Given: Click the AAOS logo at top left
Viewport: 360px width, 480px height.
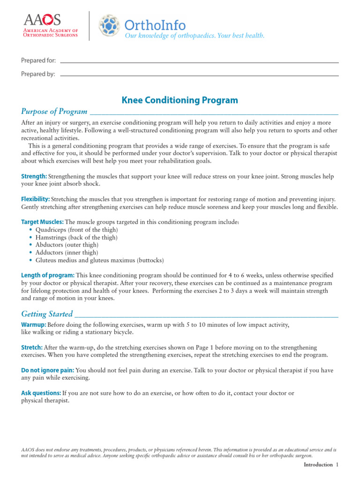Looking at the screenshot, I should (51, 26).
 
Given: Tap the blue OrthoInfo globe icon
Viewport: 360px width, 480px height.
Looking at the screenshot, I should (109, 26).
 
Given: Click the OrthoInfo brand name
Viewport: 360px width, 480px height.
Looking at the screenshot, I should (155, 24).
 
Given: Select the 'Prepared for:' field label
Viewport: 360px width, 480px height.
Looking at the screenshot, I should (38, 60).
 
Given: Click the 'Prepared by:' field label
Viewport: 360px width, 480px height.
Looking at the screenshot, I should (38, 74).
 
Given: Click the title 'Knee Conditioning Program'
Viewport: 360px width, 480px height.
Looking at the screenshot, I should (180, 100).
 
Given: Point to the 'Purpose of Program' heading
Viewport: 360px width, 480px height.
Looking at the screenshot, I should (54, 112).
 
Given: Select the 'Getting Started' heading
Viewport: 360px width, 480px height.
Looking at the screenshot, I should (47, 314).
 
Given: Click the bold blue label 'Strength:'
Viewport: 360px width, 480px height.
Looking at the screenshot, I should (34, 176).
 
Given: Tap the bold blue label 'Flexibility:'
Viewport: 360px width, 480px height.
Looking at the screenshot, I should (36, 199).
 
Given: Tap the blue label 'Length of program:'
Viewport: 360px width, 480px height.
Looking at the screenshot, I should (48, 275).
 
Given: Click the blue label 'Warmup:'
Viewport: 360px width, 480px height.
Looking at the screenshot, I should (34, 324).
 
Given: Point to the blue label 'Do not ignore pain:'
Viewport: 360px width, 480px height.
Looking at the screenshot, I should (48, 370).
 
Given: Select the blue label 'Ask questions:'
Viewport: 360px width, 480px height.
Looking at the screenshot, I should (41, 393).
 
